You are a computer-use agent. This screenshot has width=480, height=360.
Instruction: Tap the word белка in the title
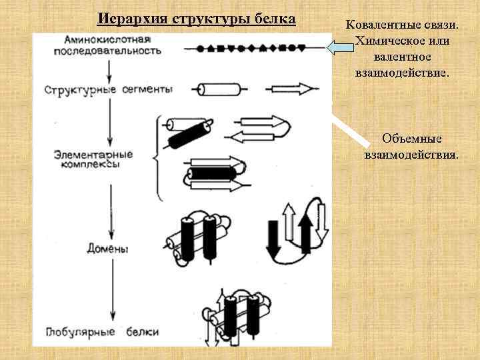[274, 19]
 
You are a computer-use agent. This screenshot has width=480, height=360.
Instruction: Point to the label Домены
[108, 249]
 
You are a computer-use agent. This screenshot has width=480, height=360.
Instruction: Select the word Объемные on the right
[411, 139]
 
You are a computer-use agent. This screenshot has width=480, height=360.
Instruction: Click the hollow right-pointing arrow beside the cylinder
[289, 88]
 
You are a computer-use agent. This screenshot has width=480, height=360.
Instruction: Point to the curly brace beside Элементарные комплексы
[158, 158]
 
